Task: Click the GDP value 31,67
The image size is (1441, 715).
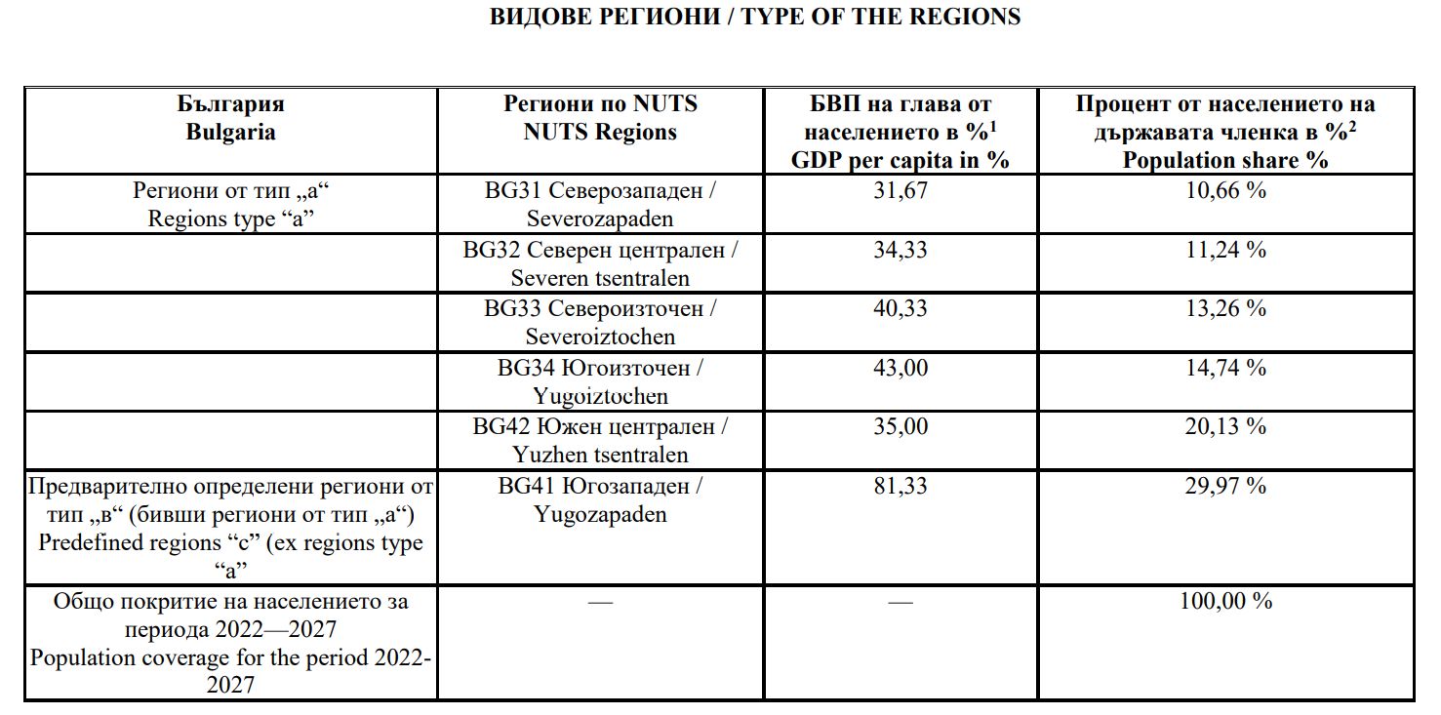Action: coord(901,190)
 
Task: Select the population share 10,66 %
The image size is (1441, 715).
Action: coord(1225,190)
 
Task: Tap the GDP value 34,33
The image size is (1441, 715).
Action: coord(901,250)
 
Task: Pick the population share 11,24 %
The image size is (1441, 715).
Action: coord(1225,250)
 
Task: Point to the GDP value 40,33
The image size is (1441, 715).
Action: coord(901,308)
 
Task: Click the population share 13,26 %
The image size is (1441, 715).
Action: coord(1225,308)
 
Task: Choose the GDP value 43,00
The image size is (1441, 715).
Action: coord(901,368)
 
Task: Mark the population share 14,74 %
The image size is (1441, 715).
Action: coord(1225,368)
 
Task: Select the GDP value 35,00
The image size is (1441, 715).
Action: coord(901,426)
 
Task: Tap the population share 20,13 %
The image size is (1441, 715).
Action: coord(1225,426)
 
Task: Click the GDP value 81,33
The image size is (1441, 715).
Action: coord(901,485)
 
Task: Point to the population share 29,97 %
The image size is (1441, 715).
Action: coord(1225,485)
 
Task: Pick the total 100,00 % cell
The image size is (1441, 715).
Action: coord(1225,601)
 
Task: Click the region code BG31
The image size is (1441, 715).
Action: coord(512,190)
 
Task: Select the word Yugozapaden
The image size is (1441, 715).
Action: coord(600,514)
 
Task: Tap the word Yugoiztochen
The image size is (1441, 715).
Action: coord(600,396)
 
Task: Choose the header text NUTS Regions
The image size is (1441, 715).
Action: coord(600,132)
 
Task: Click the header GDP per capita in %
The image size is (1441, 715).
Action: coord(900,160)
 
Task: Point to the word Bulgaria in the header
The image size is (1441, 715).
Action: coord(230,132)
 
